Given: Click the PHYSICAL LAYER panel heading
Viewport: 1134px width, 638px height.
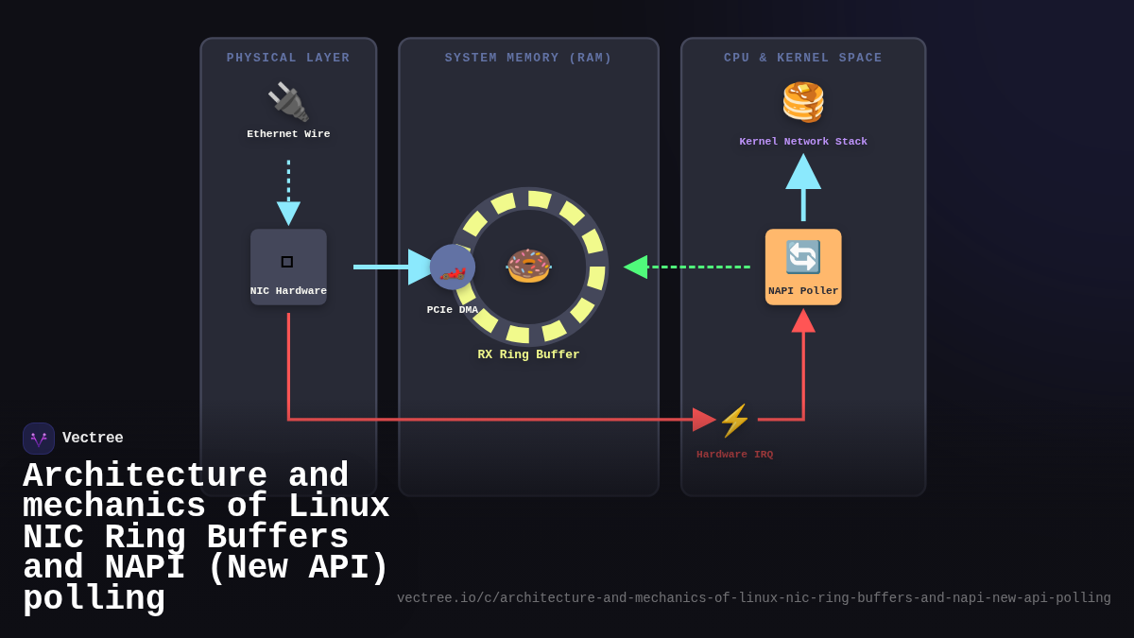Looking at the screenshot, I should pyautogui.click(x=288, y=59).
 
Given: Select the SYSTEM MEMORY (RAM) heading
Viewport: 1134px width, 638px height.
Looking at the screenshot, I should pyautogui.click(x=528, y=59).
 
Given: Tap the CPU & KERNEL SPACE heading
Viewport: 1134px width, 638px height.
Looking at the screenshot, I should pyautogui.click(x=802, y=59).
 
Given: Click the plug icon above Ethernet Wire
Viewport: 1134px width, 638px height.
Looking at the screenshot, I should pyautogui.click(x=288, y=101).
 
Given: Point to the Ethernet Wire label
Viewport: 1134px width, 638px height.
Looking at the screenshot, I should pyautogui.click(x=288, y=134).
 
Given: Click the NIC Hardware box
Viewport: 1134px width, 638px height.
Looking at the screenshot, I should pyautogui.click(x=288, y=267).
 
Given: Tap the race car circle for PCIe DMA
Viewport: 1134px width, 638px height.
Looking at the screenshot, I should pyautogui.click(x=453, y=267).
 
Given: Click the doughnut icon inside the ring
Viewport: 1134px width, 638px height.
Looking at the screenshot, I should pyautogui.click(x=528, y=266).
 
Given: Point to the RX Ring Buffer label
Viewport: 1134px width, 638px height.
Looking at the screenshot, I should pyautogui.click(x=528, y=355).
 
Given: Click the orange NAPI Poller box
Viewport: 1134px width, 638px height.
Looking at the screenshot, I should pyautogui.click(x=803, y=267).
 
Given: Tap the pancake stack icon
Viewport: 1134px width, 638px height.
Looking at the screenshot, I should pyautogui.click(x=803, y=101).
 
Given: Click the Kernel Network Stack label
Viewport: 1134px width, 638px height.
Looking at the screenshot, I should pyautogui.click(x=803, y=142).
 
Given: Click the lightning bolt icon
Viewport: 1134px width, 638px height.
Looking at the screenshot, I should pyautogui.click(x=734, y=420).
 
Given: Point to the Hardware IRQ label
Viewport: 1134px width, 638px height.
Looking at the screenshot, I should pyautogui.click(x=734, y=455).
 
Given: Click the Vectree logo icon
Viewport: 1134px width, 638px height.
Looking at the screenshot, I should pyautogui.click(x=39, y=439).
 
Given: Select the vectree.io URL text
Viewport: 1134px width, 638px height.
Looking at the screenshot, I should pyautogui.click(x=753, y=598).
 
